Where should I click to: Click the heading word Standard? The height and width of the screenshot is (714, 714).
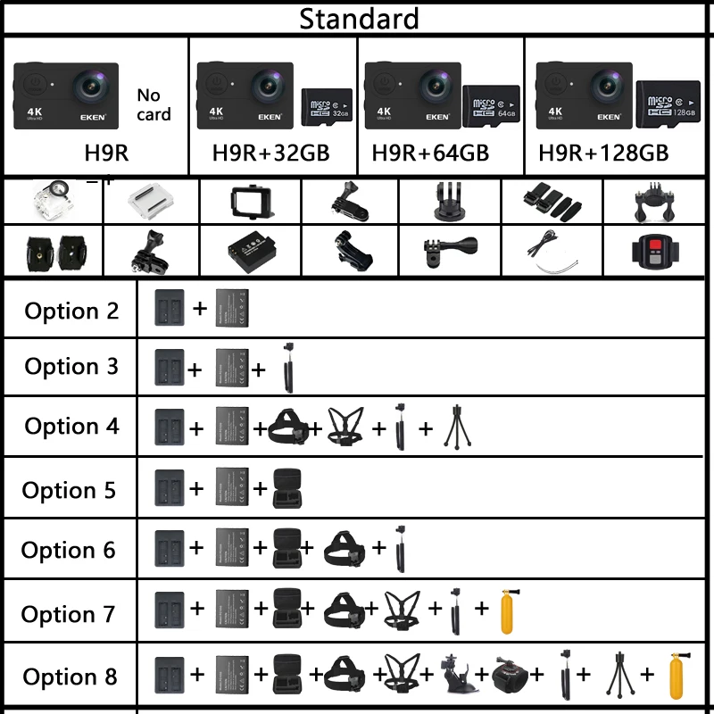(358, 18)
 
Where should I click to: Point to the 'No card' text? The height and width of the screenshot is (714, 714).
(153, 104)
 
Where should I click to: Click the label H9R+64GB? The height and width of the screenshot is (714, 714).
(429, 153)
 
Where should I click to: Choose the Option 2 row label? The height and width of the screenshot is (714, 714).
(71, 311)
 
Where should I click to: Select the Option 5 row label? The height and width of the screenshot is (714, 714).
(69, 490)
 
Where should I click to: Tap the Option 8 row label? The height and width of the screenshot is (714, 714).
(70, 677)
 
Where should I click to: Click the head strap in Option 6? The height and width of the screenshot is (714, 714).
(344, 549)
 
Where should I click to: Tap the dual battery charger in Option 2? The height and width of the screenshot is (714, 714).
(170, 308)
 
